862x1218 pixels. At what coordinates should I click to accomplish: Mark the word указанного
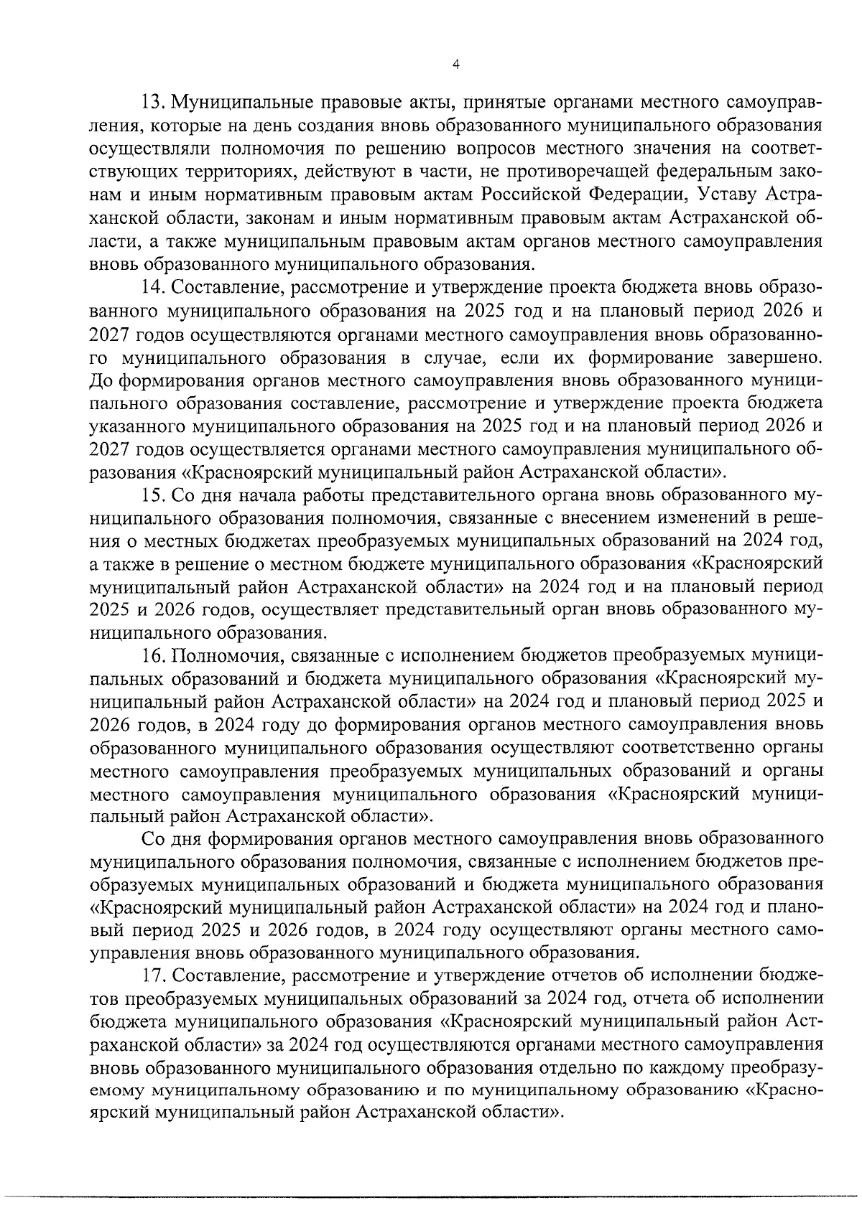pyautogui.click(x=135, y=427)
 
